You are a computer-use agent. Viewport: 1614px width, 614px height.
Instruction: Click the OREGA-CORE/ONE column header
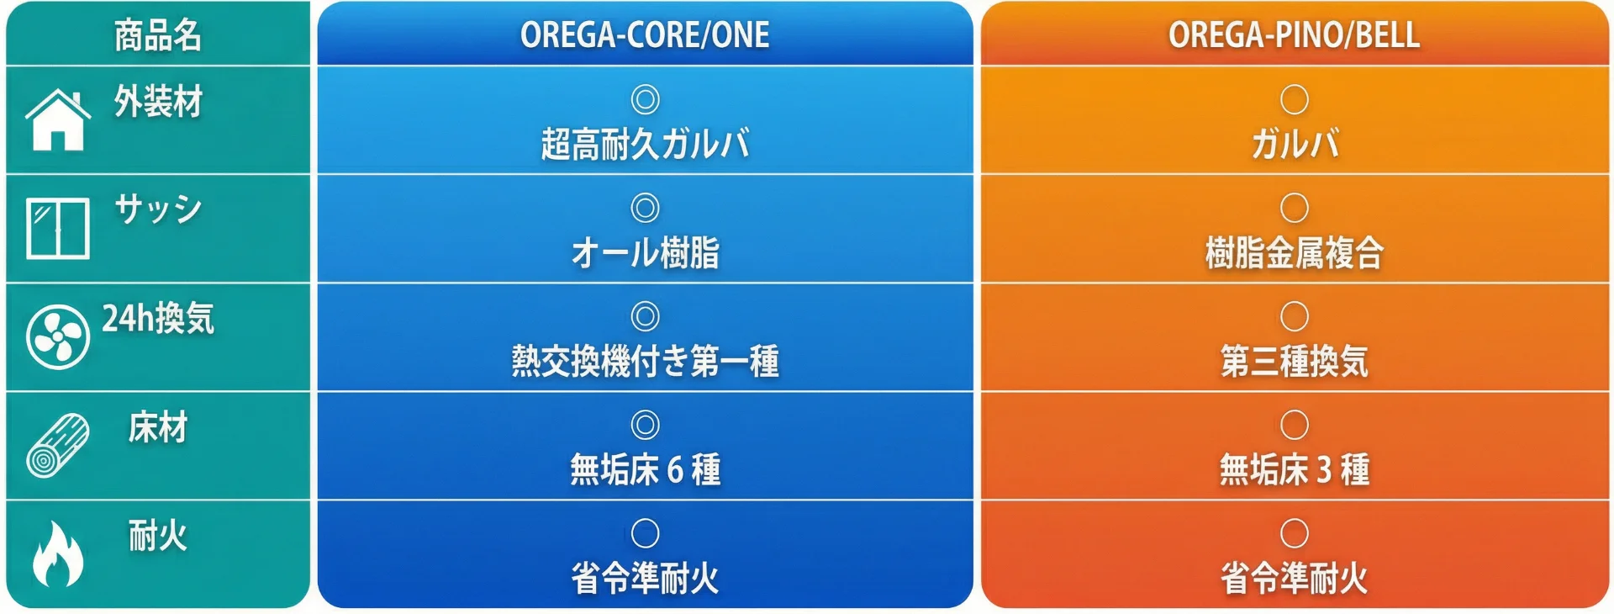pos(645,34)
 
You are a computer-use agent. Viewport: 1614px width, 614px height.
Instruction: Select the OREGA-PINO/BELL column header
pos(1294,34)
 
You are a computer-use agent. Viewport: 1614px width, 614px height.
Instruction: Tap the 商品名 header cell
pos(158,35)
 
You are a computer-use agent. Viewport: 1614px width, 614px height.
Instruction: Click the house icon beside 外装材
pos(58,120)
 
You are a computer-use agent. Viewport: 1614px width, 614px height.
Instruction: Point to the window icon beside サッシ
pos(58,228)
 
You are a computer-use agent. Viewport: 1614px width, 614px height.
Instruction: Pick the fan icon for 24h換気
pos(58,336)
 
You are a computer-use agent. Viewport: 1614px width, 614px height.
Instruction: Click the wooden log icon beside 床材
pos(58,445)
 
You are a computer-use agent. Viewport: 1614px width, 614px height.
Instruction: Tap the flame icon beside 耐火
pos(58,553)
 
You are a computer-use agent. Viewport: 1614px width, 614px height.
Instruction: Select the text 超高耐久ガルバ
pos(645,144)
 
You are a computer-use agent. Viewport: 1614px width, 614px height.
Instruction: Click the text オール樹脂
pos(645,252)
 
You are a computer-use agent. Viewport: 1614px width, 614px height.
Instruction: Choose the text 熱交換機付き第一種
pos(645,361)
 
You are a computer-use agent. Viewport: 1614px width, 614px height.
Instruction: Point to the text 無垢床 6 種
pos(645,469)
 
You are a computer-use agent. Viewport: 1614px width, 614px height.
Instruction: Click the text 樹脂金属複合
pos(1294,252)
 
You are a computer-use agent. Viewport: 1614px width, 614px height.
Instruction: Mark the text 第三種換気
pos(1294,361)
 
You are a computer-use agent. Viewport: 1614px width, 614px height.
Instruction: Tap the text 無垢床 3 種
pos(1294,469)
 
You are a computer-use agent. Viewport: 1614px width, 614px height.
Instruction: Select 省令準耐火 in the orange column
pos(1294,578)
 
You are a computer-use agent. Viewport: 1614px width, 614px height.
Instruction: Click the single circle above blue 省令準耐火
pos(645,519)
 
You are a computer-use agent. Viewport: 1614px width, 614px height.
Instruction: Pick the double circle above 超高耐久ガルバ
pos(645,85)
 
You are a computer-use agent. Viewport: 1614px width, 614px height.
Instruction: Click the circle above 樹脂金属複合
pos(1295,193)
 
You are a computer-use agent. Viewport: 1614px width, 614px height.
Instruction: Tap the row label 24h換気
pos(158,319)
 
